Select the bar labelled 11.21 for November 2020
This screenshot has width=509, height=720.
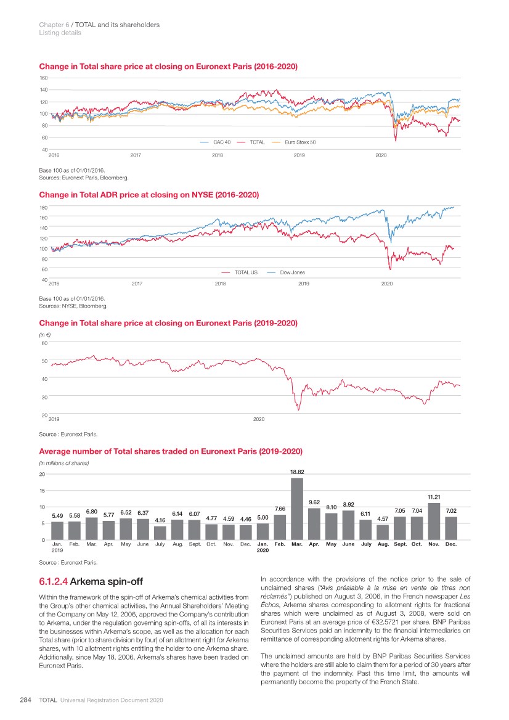434,522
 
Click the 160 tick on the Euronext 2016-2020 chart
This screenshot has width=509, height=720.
43,78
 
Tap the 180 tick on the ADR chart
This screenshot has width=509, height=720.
43,208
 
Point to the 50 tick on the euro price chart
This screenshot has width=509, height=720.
44,361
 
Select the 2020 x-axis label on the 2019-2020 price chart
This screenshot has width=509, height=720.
259,420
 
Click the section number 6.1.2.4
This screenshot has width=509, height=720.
54,580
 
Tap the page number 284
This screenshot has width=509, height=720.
26,700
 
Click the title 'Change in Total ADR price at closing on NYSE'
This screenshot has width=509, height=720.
149,195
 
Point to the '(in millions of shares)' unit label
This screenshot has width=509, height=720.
65,463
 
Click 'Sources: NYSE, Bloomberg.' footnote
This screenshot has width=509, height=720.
73,305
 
